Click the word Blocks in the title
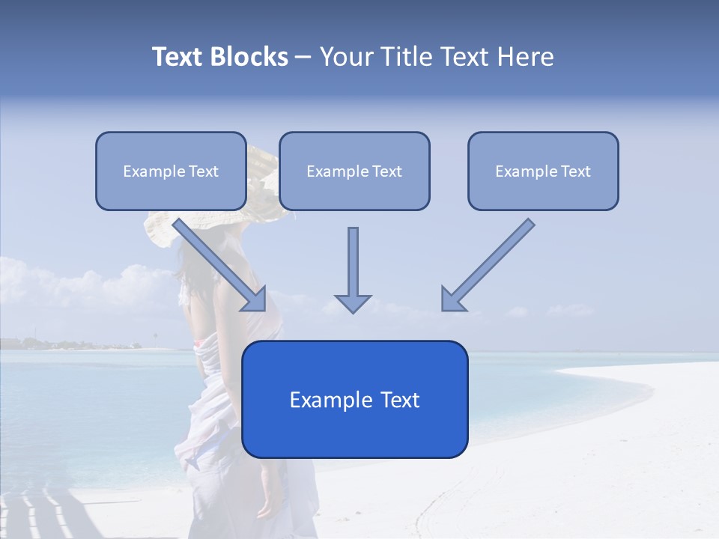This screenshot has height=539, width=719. click(x=250, y=57)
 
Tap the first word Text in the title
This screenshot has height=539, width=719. click(x=179, y=57)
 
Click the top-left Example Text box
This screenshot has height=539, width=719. click(x=171, y=171)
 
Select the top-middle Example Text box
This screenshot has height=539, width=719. click(x=354, y=171)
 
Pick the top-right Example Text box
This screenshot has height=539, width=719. click(x=543, y=171)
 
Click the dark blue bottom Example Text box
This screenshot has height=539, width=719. click(x=354, y=399)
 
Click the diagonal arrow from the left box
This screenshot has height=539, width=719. click(x=217, y=262)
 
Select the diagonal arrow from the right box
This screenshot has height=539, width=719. click(x=491, y=262)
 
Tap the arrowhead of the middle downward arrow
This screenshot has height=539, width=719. click(x=353, y=302)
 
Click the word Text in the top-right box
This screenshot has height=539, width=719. click(x=575, y=171)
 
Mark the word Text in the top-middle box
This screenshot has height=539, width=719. click(x=386, y=171)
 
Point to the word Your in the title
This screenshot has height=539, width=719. click(x=344, y=57)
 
